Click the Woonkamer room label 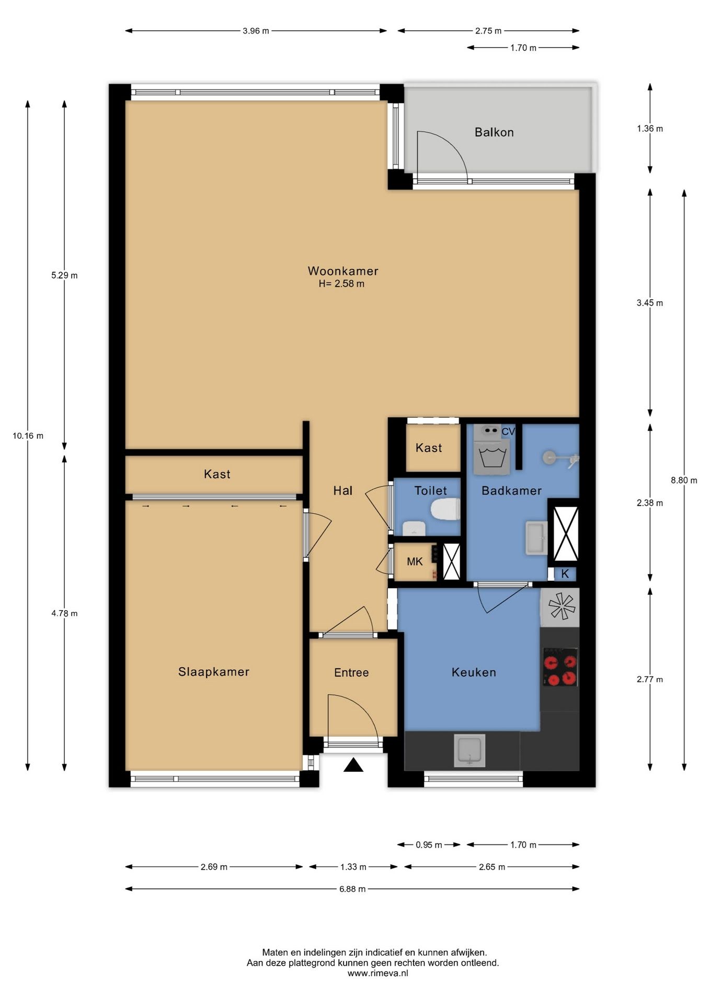[342, 271]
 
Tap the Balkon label [494, 132]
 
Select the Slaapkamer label [213, 672]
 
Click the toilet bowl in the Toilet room [445, 509]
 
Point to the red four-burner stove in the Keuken [560, 667]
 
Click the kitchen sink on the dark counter [469, 750]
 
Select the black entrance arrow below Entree [353, 765]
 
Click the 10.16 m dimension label [28, 436]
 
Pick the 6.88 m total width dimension [352, 889]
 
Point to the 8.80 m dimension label [684, 480]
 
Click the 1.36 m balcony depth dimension [650, 129]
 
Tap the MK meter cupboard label [415, 562]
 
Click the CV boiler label [508, 432]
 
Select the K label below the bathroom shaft [565, 574]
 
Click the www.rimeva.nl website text [377, 973]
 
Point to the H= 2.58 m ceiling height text [341, 284]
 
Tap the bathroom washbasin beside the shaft [536, 538]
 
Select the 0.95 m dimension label [429, 845]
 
